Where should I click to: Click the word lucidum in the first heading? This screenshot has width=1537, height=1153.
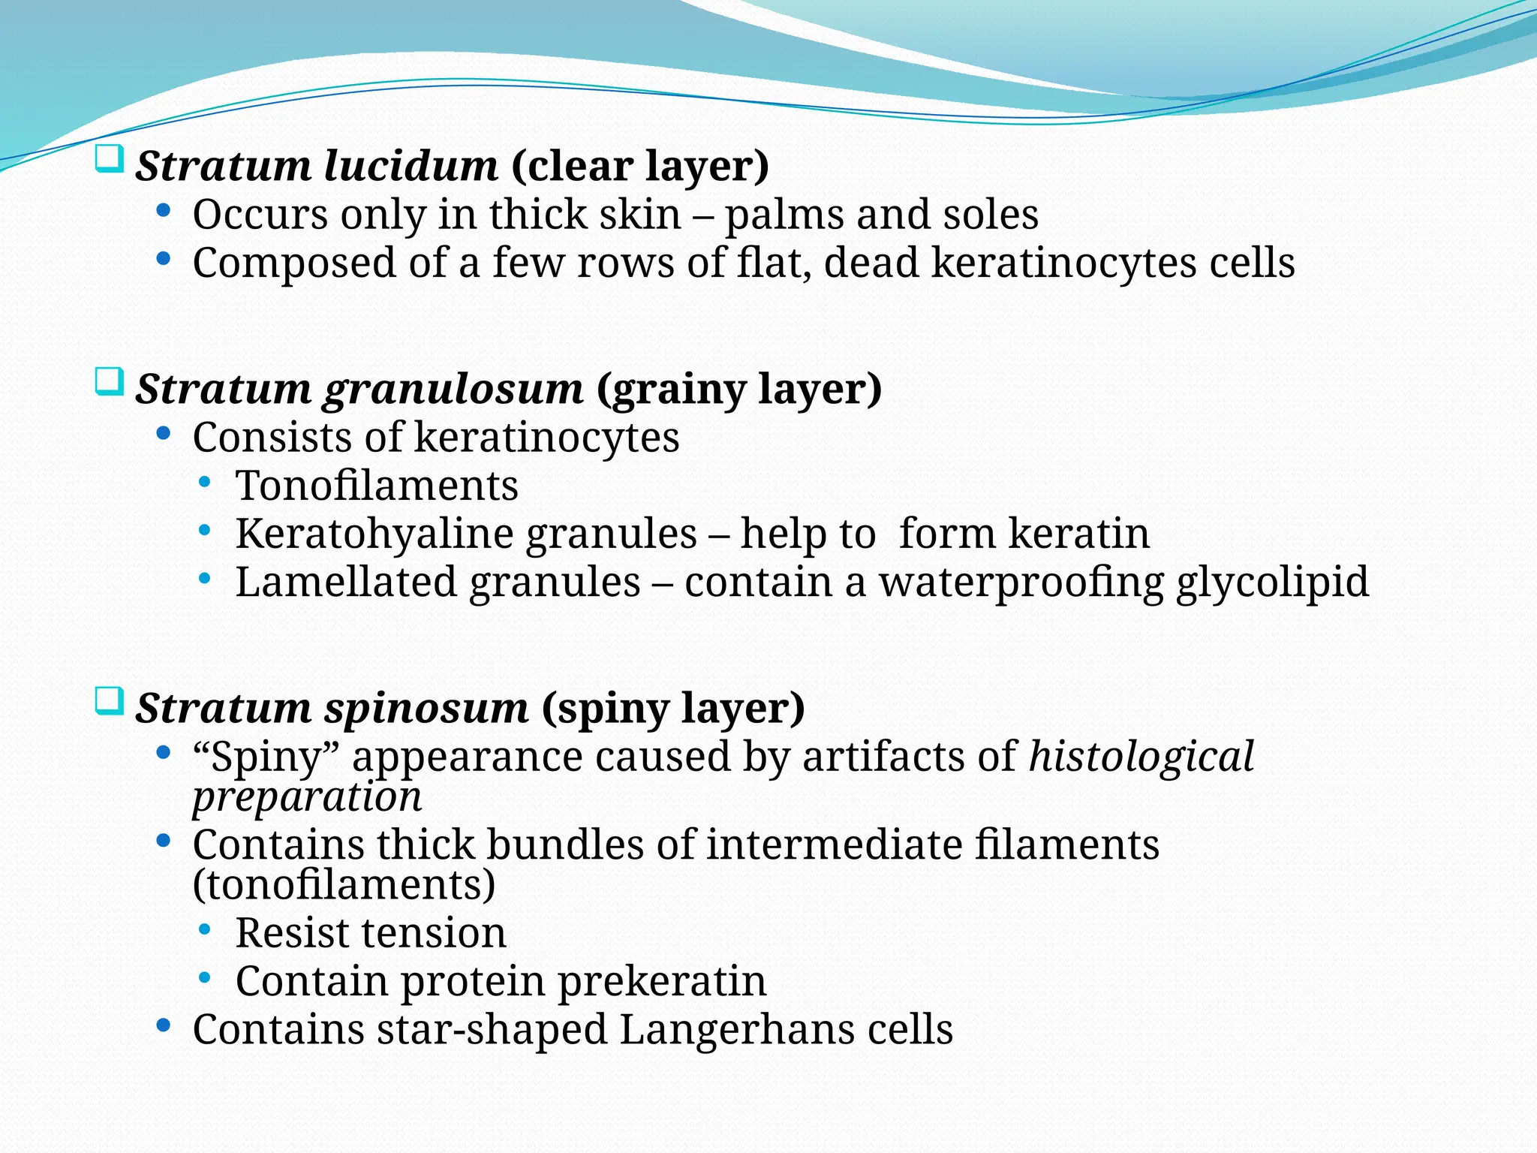(411, 166)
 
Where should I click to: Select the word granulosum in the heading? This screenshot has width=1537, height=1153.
(453, 389)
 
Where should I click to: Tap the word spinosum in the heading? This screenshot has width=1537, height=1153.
(426, 708)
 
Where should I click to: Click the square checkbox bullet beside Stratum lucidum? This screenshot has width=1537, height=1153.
(109, 160)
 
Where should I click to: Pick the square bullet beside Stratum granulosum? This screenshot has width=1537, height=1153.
(109, 383)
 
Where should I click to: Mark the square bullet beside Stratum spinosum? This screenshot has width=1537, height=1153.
(109, 703)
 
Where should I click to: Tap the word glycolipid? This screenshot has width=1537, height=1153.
(1272, 583)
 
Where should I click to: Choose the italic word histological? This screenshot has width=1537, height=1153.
(1141, 756)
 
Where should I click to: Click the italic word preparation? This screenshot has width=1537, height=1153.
(307, 797)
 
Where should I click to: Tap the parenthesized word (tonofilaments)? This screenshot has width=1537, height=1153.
(344, 884)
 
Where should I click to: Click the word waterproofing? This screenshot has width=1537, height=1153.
(1021, 583)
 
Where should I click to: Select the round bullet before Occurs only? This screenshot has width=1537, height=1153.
(163, 211)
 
